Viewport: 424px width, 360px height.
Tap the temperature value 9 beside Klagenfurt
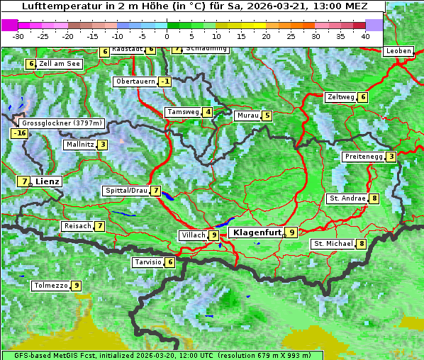coord(291,232)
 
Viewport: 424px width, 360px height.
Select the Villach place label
coord(193,235)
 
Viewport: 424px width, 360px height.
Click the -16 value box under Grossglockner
coord(19,133)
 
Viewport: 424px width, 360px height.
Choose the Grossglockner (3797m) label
coord(63,123)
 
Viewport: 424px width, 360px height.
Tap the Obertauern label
coord(135,81)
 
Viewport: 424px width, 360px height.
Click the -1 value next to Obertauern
coord(165,81)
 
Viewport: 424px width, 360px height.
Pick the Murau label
coord(247,116)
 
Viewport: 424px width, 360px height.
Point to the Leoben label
coord(398,51)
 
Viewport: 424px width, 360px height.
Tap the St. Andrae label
coord(347,198)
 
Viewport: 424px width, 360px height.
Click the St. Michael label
coord(333,244)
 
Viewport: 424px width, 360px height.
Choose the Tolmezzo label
coord(50,286)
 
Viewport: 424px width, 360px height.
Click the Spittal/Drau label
coord(125,191)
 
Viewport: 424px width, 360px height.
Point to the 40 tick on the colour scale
coord(365,36)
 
